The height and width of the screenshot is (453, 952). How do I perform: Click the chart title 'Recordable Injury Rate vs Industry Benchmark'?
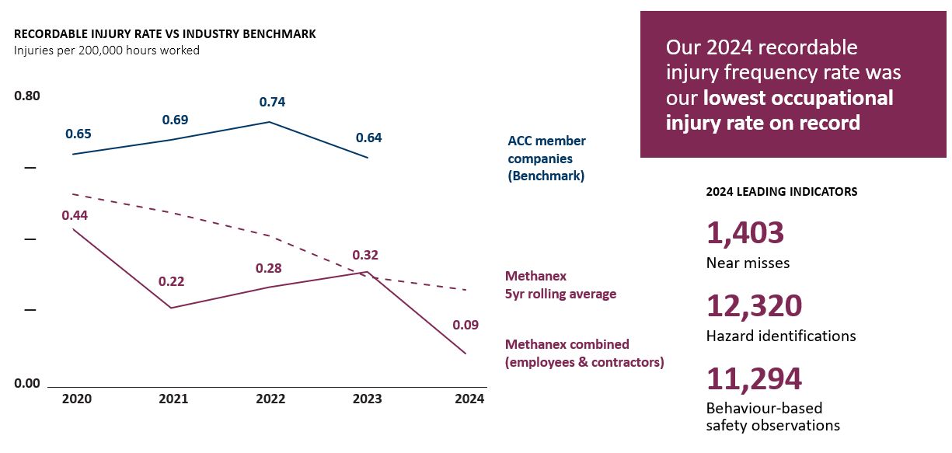click(x=165, y=34)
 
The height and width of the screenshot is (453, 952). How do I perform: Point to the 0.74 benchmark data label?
click(x=272, y=102)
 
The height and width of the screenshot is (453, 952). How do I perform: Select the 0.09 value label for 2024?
click(x=466, y=325)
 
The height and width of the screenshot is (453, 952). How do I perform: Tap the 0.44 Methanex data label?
click(x=75, y=215)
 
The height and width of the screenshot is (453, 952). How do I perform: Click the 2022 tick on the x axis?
click(x=270, y=399)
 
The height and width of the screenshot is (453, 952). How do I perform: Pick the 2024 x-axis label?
click(x=469, y=399)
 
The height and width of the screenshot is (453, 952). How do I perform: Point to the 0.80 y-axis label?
click(x=27, y=96)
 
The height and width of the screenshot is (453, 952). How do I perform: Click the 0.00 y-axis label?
click(x=27, y=383)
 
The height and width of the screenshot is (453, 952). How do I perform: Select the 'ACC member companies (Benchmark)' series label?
click(x=546, y=159)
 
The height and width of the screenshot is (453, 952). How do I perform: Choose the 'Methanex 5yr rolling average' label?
click(x=560, y=285)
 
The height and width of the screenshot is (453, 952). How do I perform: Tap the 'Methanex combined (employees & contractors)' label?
click(x=584, y=353)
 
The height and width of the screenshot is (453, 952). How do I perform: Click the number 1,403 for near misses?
click(x=745, y=233)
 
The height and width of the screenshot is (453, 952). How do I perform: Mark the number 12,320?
click(x=754, y=306)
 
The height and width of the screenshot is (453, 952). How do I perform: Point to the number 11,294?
click(x=754, y=378)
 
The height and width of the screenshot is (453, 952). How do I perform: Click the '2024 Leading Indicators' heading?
click(x=781, y=191)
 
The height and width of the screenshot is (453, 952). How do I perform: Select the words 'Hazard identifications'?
click(x=781, y=336)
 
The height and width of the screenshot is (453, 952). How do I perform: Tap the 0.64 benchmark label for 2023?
click(x=368, y=138)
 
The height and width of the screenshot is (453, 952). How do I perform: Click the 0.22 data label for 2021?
click(x=171, y=281)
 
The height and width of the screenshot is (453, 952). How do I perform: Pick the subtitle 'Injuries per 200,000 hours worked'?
click(x=106, y=51)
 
